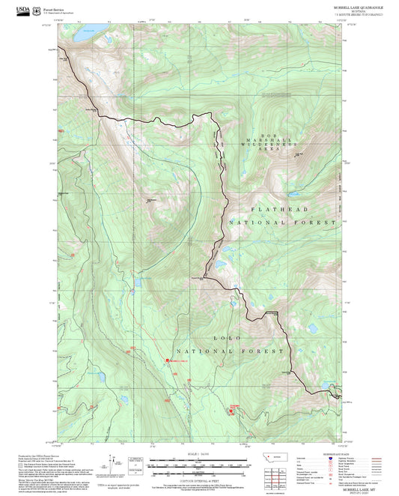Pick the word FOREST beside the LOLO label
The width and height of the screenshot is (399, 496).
tap(266, 351)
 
